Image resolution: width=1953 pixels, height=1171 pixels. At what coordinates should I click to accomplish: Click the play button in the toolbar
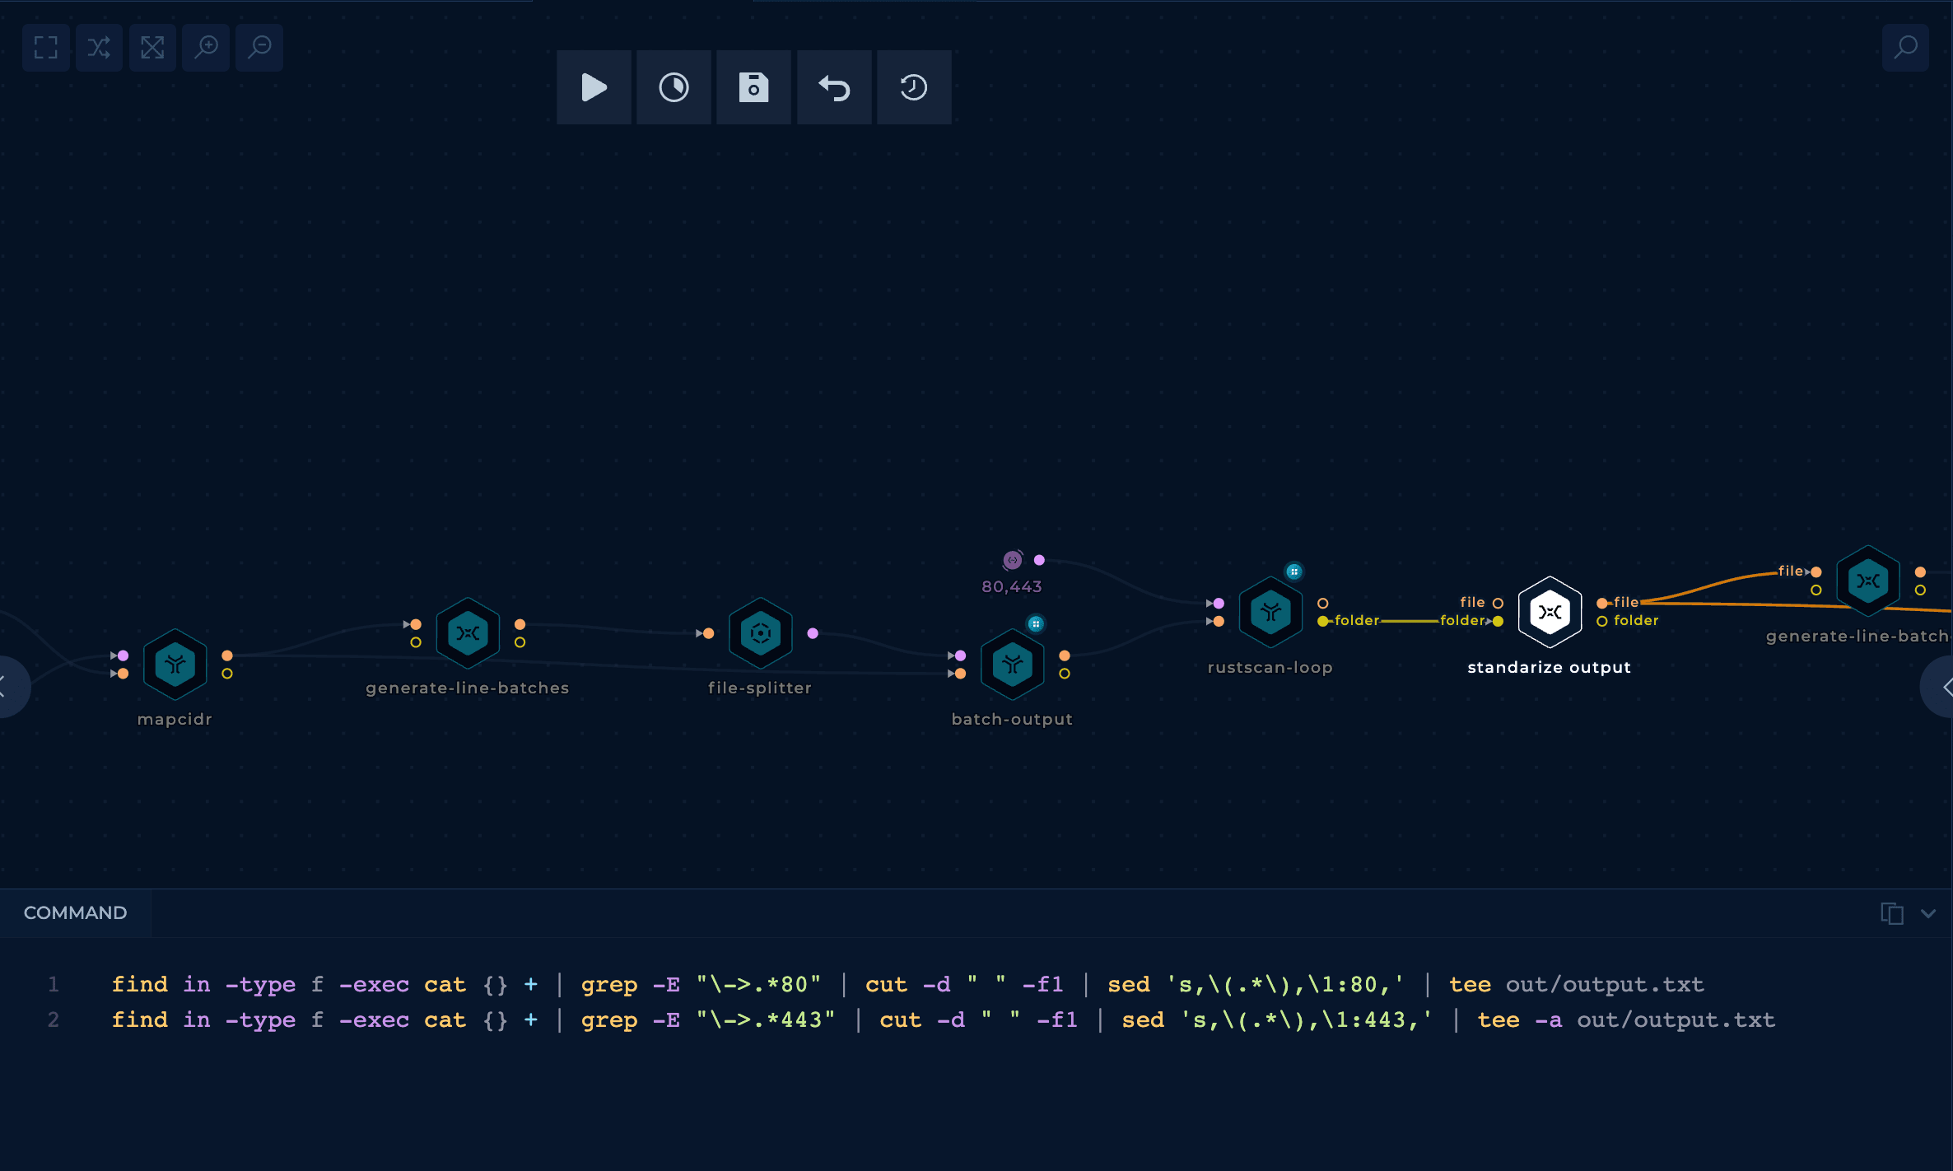594,87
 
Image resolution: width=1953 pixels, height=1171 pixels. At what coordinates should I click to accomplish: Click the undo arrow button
834,87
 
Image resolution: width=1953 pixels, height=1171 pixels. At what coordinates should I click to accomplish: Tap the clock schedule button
674,87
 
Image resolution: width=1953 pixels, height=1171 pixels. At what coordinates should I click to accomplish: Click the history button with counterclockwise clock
914,87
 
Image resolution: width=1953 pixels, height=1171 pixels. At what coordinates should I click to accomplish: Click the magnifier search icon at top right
1905,48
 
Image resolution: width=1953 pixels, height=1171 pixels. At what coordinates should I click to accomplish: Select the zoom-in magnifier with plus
206,48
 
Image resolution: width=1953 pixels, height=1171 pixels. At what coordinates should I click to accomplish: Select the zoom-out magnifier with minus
259,48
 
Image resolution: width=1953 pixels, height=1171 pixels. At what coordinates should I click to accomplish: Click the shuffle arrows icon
99,48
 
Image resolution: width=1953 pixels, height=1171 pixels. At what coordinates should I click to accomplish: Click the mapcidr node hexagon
175,664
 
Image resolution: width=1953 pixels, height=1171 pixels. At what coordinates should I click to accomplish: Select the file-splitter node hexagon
760,633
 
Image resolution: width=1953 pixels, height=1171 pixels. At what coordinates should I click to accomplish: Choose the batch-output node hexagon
1012,664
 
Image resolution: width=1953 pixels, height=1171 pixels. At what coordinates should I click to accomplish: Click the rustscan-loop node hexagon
1270,612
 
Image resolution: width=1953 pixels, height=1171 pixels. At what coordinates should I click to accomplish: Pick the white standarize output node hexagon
1550,612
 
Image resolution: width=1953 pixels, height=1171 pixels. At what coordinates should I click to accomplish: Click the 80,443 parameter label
1012,586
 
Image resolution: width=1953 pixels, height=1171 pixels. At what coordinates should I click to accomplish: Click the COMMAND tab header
75,912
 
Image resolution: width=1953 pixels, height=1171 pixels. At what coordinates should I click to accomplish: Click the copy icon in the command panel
1891,913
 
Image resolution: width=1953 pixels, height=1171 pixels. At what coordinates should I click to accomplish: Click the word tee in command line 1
1470,984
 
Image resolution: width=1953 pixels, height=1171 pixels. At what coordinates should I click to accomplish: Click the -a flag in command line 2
1548,1019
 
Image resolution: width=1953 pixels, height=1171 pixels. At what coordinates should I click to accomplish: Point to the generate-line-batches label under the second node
468,688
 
